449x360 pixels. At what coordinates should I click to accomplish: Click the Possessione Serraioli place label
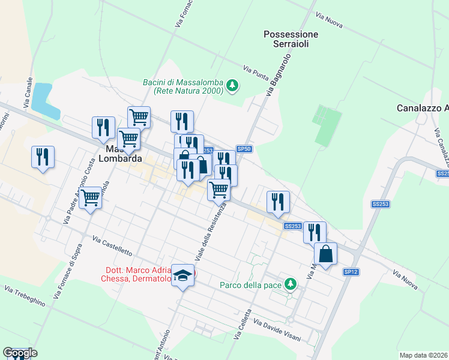(x=291, y=40)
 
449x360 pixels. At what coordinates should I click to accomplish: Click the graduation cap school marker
(x=183, y=275)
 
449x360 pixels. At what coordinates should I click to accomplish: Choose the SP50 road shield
(x=243, y=149)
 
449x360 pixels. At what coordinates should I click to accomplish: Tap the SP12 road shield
(x=351, y=272)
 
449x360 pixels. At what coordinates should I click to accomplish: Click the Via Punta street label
(x=256, y=73)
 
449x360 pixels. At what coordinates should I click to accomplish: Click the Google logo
(x=20, y=353)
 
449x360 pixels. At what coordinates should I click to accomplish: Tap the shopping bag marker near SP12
(x=325, y=253)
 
